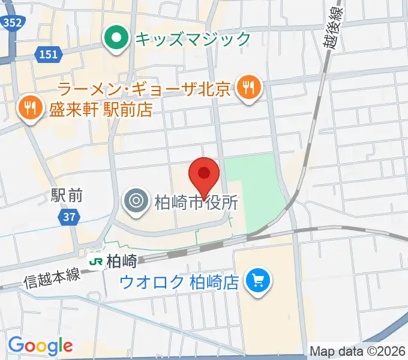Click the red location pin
tap(203, 175)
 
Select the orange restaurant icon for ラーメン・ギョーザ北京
tap(248, 89)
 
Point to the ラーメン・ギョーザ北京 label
tap(145, 90)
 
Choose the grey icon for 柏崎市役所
tap(135, 200)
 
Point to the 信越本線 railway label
tap(52, 278)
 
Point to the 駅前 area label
tap(67, 195)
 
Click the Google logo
tap(40, 345)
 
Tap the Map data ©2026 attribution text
tap(358, 351)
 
